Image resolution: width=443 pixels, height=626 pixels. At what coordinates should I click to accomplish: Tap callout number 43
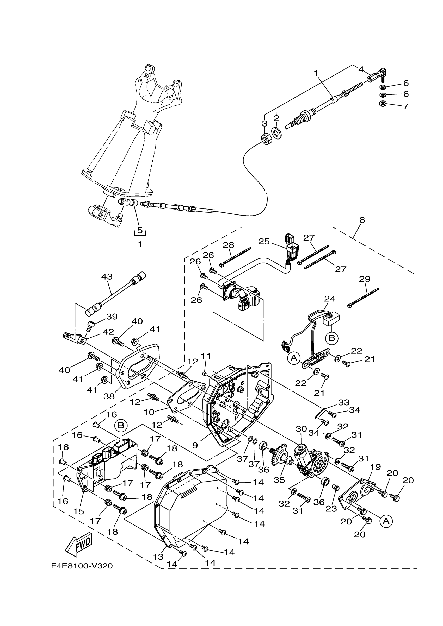click(107, 277)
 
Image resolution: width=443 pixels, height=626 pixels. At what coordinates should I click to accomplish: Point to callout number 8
click(362, 220)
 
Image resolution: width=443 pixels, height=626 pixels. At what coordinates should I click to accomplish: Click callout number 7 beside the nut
click(406, 106)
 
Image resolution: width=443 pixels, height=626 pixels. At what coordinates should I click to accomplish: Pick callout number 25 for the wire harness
click(264, 242)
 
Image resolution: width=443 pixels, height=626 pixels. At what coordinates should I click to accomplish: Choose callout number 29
click(365, 279)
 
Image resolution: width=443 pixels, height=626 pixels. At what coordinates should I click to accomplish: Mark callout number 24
click(330, 299)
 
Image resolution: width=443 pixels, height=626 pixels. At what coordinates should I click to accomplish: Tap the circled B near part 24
click(332, 338)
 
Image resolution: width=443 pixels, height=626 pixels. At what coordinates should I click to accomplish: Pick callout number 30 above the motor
click(301, 429)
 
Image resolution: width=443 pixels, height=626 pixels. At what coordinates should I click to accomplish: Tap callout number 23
click(331, 509)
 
